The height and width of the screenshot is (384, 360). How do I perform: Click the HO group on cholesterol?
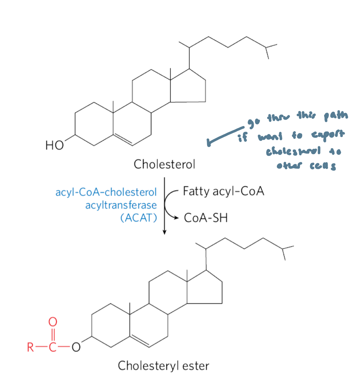[x=55, y=145]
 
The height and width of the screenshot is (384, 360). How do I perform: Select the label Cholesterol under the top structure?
[x=164, y=164]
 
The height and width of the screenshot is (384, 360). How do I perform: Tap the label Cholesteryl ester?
[x=163, y=365]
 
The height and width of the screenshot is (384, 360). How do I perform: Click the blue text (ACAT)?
[x=139, y=218]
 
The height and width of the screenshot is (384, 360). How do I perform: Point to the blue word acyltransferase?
[x=121, y=205]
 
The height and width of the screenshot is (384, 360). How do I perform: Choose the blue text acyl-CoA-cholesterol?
[x=106, y=192]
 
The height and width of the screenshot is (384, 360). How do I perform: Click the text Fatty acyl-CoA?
[x=223, y=191]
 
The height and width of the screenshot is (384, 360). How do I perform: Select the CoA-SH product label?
[x=206, y=218]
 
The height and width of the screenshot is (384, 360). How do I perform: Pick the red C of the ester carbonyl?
[x=52, y=347]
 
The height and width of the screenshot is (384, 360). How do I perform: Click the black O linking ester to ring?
[x=76, y=347]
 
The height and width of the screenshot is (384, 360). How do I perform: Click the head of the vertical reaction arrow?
[x=164, y=232]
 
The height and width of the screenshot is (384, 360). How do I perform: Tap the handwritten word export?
[x=328, y=135]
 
